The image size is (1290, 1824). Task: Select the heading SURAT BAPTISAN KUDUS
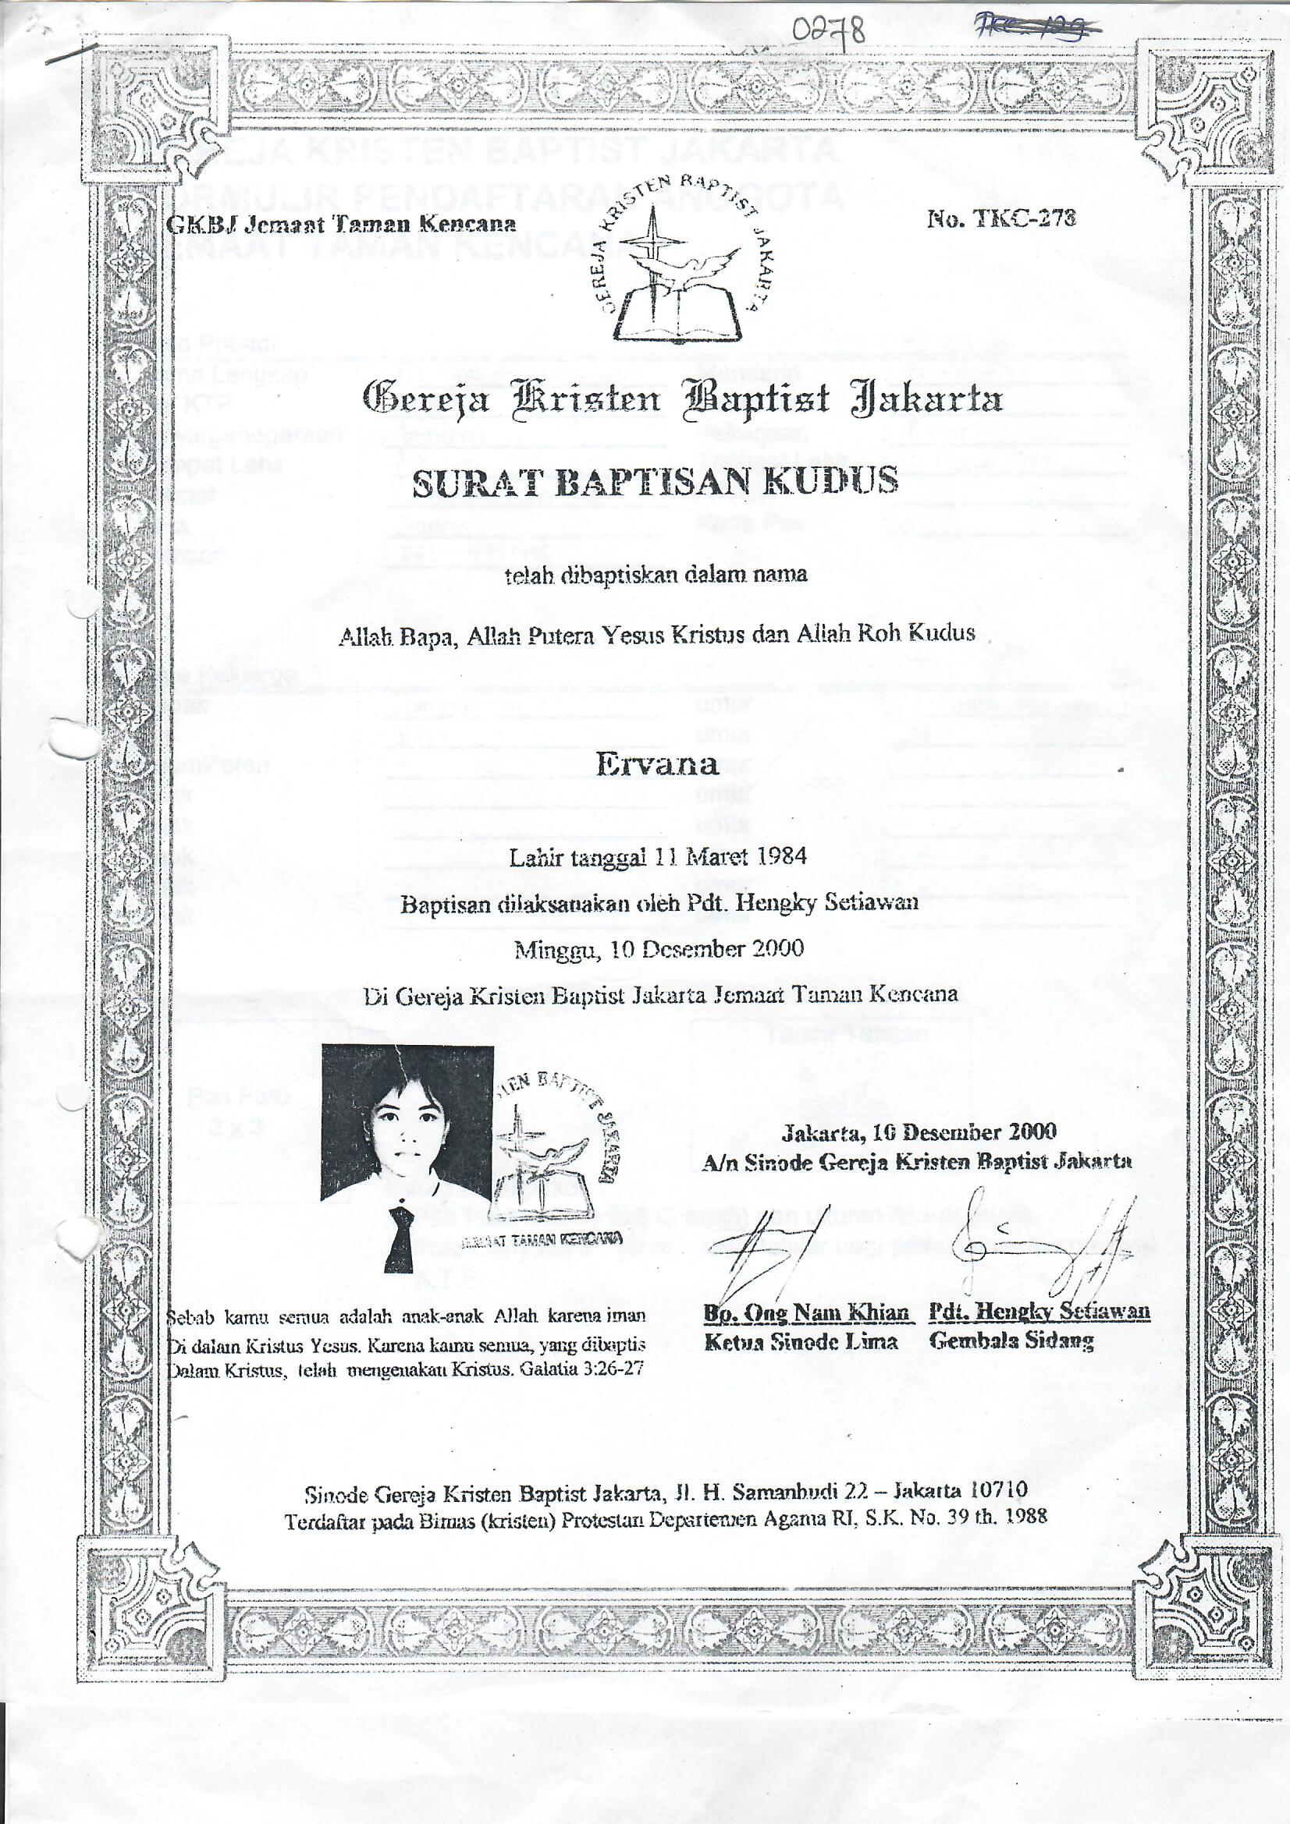point(654,481)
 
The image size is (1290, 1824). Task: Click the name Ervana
point(656,763)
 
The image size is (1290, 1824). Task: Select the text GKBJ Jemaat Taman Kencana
point(341,224)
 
